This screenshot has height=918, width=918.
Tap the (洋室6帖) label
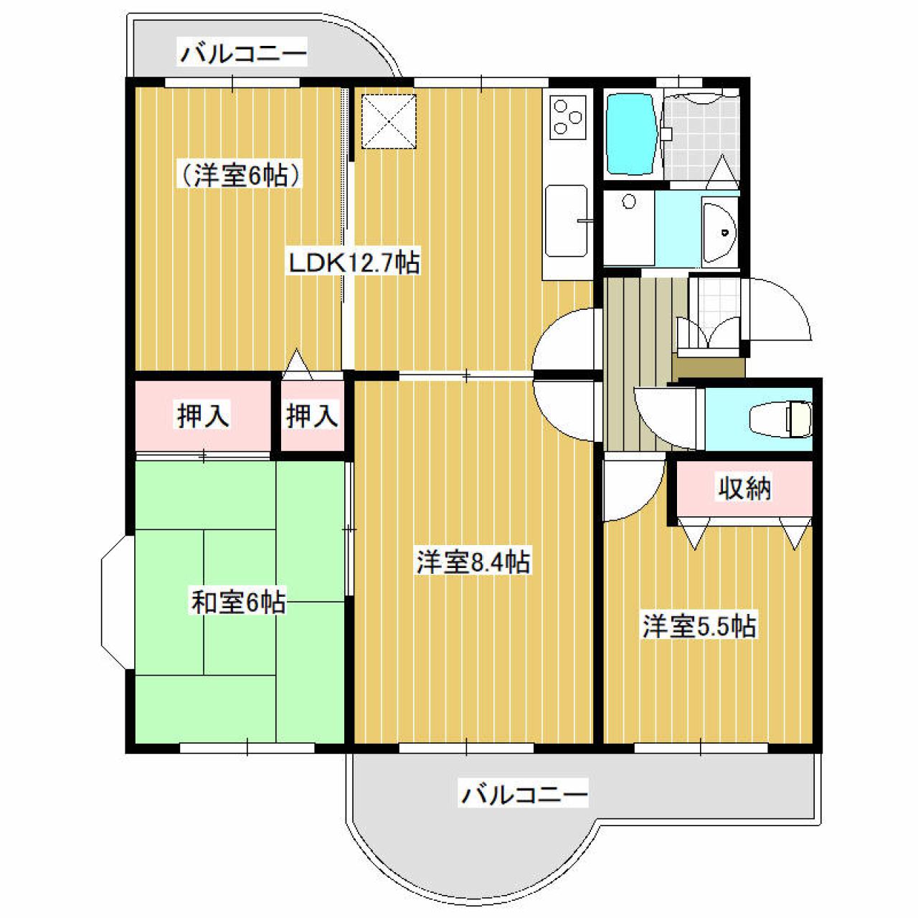pos(241,176)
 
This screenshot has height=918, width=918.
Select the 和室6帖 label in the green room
pos(239,602)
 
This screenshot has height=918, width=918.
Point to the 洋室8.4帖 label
pos(473,562)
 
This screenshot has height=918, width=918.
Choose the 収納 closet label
pos(744,488)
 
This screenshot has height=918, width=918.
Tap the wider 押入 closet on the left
pos(203,415)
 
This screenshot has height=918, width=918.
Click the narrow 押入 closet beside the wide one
pos(312,415)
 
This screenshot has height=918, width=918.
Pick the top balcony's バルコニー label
pos(243,54)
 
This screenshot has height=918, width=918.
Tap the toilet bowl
pos(780,420)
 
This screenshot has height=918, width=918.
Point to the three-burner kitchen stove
pos(567,117)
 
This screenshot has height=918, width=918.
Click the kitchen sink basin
pos(567,221)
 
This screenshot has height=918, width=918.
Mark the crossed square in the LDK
pos(389,121)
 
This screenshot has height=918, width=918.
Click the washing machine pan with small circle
pos(629,227)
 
